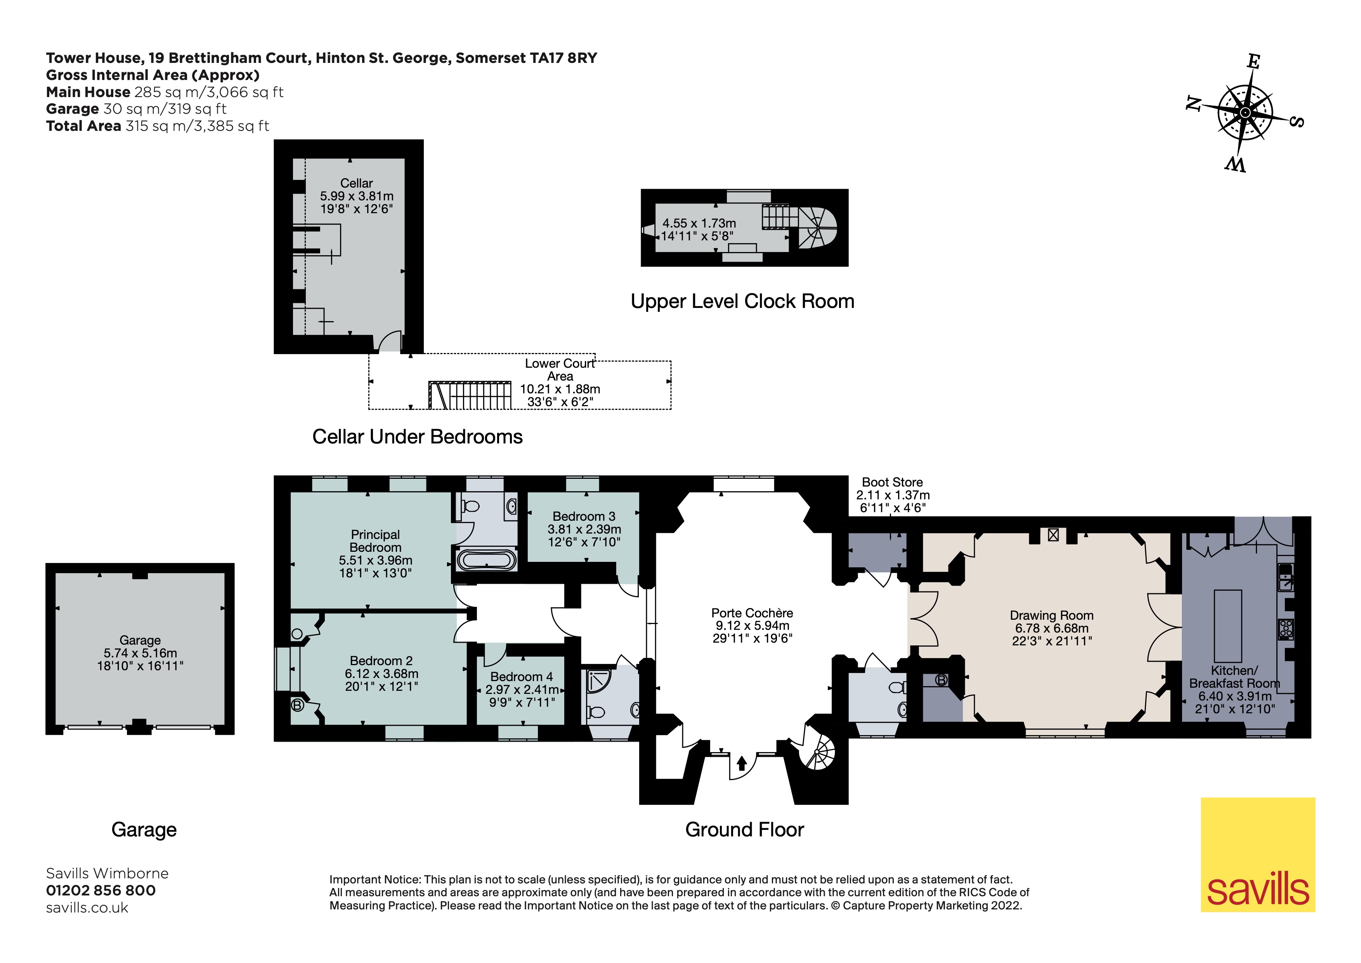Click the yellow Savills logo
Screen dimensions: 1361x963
click(x=1258, y=855)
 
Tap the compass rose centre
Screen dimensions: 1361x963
click(x=1245, y=113)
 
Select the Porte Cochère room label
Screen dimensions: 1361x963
click(x=752, y=613)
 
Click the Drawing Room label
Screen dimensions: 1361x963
click(x=1052, y=615)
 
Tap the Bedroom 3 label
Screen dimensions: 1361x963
click(x=584, y=516)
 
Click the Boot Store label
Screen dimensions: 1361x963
click(x=892, y=482)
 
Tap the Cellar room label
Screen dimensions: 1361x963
click(x=356, y=183)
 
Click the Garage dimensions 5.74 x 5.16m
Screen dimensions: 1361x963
click(x=140, y=653)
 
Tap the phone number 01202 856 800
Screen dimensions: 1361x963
click(x=101, y=891)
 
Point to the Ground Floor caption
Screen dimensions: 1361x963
click(x=744, y=829)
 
